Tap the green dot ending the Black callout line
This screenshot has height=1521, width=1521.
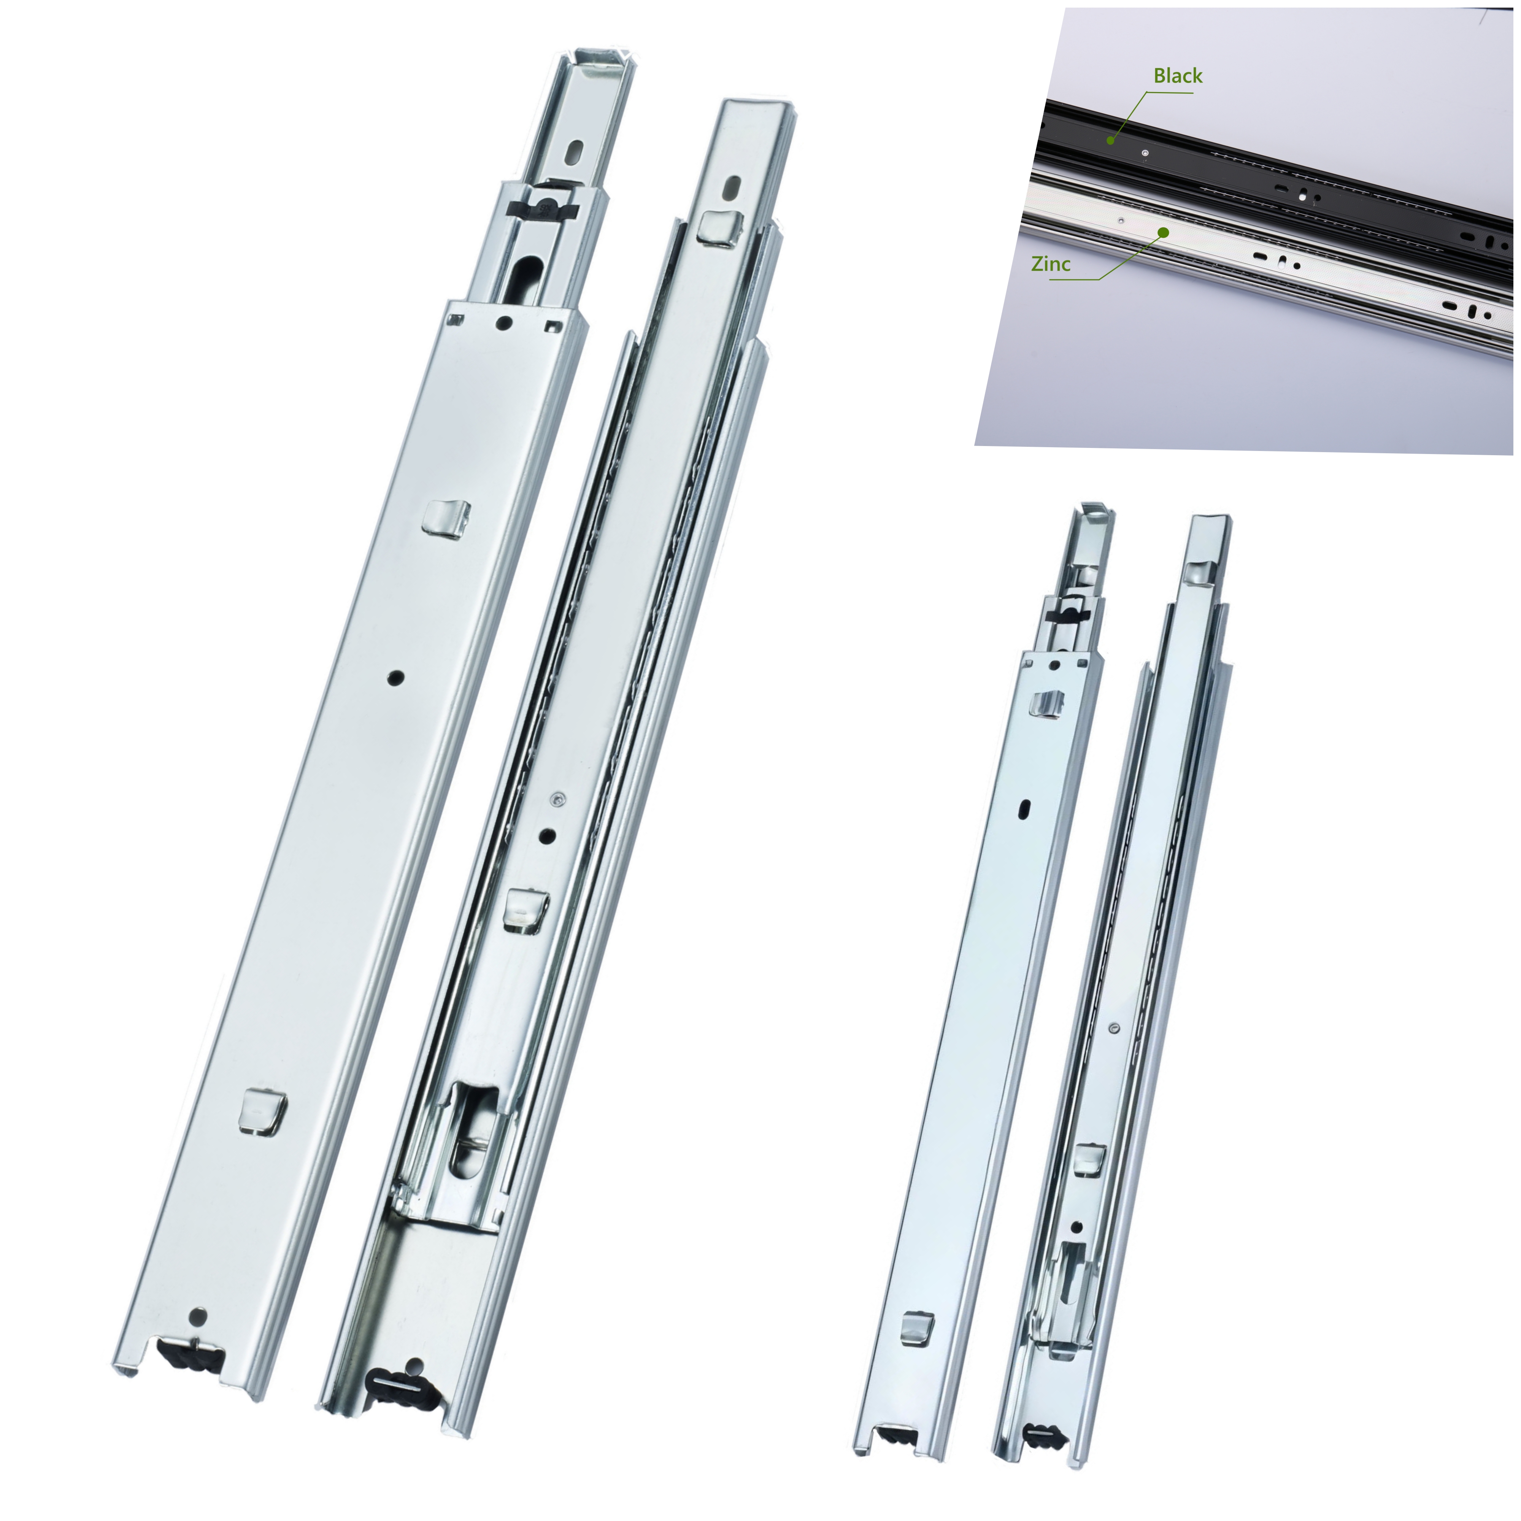[1110, 140]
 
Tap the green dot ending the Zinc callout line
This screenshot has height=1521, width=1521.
[1163, 232]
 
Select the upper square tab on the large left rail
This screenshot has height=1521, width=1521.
[446, 518]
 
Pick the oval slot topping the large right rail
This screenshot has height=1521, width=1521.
[731, 187]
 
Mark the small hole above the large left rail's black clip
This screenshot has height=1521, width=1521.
[198, 1316]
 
